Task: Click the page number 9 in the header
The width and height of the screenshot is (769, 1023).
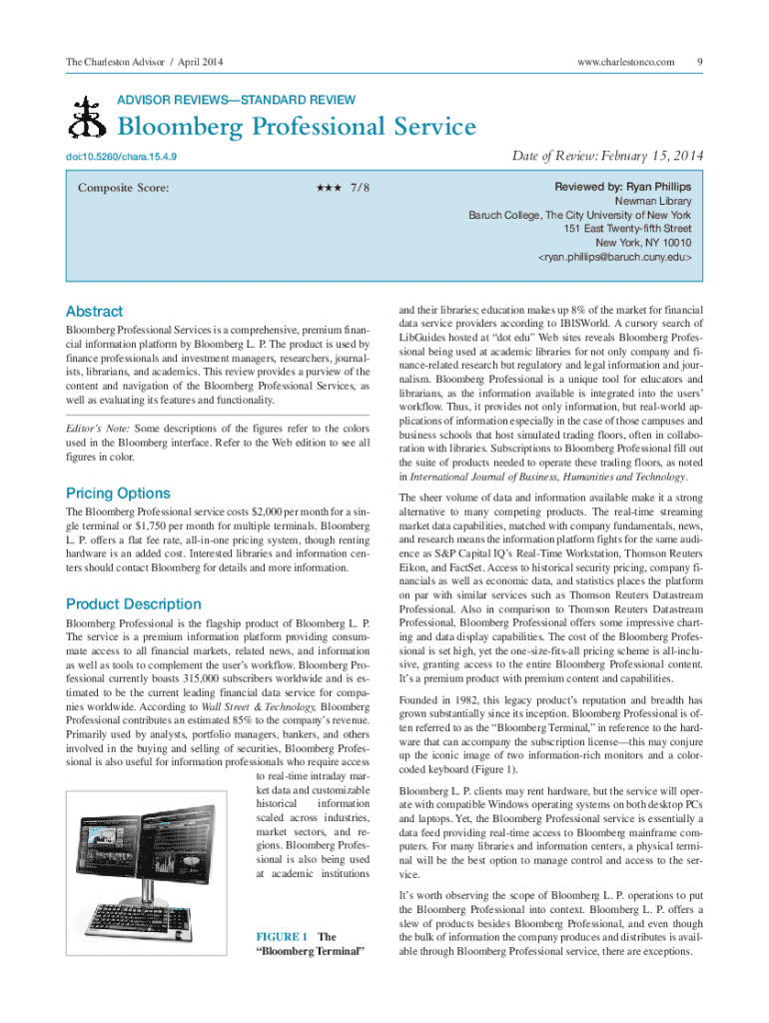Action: (701, 63)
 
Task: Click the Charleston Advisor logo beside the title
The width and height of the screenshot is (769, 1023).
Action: (86, 121)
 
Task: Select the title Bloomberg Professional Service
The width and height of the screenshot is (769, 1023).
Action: (297, 128)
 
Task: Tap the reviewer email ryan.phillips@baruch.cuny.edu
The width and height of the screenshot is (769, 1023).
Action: (614, 257)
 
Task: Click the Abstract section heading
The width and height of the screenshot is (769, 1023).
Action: (94, 311)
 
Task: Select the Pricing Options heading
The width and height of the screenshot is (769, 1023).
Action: (118, 493)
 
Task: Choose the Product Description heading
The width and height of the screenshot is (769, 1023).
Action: (133, 603)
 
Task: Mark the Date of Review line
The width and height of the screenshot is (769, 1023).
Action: (608, 156)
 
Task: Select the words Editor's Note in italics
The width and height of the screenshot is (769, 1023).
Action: (96, 428)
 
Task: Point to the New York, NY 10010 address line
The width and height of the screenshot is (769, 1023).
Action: (643, 243)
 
